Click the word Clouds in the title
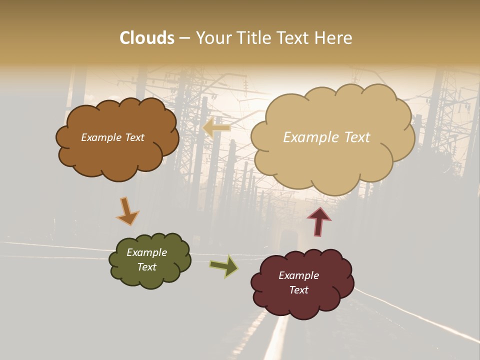pos(147,38)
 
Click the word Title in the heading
pos(254,38)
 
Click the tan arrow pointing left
pos(216,128)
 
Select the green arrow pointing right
pos(224,266)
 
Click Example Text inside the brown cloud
pos(112,137)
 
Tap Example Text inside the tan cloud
pos(326,137)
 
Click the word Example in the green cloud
pos(146,252)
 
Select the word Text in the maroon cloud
pos(298,290)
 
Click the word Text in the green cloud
pos(146,267)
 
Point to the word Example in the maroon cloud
pos(298,275)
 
